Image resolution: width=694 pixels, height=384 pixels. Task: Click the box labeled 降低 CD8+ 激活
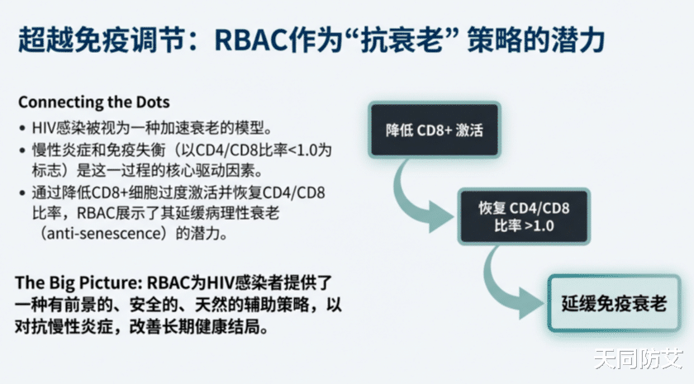pyautogui.click(x=434, y=130)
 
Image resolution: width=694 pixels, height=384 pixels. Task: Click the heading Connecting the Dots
pyautogui.click(x=94, y=103)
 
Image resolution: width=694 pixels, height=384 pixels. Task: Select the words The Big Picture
pyautogui.click(x=68, y=282)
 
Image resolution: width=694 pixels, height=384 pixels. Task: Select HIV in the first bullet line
pyautogui.click(x=42, y=128)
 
